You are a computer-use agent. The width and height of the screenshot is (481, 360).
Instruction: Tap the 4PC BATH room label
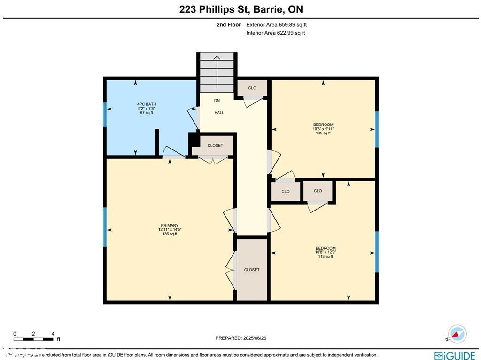147,104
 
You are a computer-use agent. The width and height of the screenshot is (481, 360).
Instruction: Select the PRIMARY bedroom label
170,225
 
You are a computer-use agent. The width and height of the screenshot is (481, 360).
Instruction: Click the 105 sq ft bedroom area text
323,133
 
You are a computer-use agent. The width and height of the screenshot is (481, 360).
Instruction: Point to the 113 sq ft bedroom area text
325,256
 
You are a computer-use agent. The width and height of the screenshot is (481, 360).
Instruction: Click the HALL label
219,113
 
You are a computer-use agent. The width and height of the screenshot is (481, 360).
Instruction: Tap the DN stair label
217,101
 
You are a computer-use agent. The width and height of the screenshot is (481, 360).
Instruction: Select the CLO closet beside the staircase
252,88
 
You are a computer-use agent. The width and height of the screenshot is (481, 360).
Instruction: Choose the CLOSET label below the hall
252,270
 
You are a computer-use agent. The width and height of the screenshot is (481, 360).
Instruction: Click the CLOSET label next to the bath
215,145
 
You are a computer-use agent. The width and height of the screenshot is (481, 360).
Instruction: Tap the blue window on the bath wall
105,115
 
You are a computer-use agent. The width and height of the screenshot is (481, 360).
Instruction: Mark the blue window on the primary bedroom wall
105,227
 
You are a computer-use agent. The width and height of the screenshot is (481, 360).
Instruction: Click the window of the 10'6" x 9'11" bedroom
377,129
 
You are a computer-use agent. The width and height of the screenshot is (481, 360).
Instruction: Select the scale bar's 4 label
53,334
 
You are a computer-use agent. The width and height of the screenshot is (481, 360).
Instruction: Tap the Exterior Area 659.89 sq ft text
277,25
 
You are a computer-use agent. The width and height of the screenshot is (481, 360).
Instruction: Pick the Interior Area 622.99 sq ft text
276,33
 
